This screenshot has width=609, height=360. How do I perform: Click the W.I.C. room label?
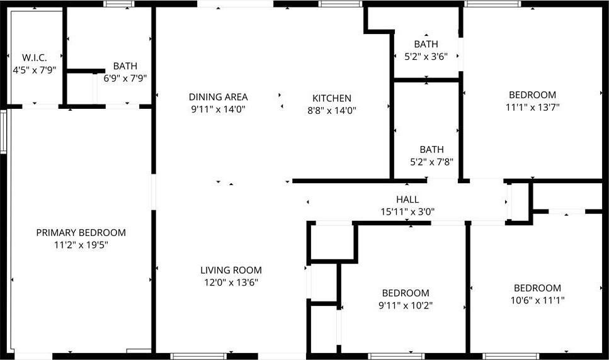click(35, 57)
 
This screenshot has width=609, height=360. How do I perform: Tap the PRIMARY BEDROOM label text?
click(81, 232)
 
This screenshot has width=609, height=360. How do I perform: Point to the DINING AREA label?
click(218, 97)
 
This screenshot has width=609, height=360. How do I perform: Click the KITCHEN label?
click(332, 98)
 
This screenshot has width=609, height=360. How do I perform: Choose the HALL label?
click(407, 200)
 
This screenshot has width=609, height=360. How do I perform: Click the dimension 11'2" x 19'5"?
click(81, 244)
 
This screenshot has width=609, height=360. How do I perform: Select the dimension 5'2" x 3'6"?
click(426, 56)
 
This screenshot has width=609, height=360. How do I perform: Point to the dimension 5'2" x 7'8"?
click(432, 161)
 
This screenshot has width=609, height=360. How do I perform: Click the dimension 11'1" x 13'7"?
click(532, 107)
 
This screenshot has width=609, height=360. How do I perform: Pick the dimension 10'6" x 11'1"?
click(537, 300)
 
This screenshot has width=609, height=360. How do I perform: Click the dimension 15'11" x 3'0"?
click(407, 211)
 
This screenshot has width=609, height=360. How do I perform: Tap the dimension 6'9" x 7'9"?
click(125, 78)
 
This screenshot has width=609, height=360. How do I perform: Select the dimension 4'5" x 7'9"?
click(35, 69)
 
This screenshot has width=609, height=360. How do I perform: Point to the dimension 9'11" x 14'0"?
click(218, 109)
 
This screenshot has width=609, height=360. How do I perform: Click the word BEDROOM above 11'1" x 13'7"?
click(532, 95)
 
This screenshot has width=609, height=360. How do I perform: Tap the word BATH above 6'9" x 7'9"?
click(125, 66)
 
